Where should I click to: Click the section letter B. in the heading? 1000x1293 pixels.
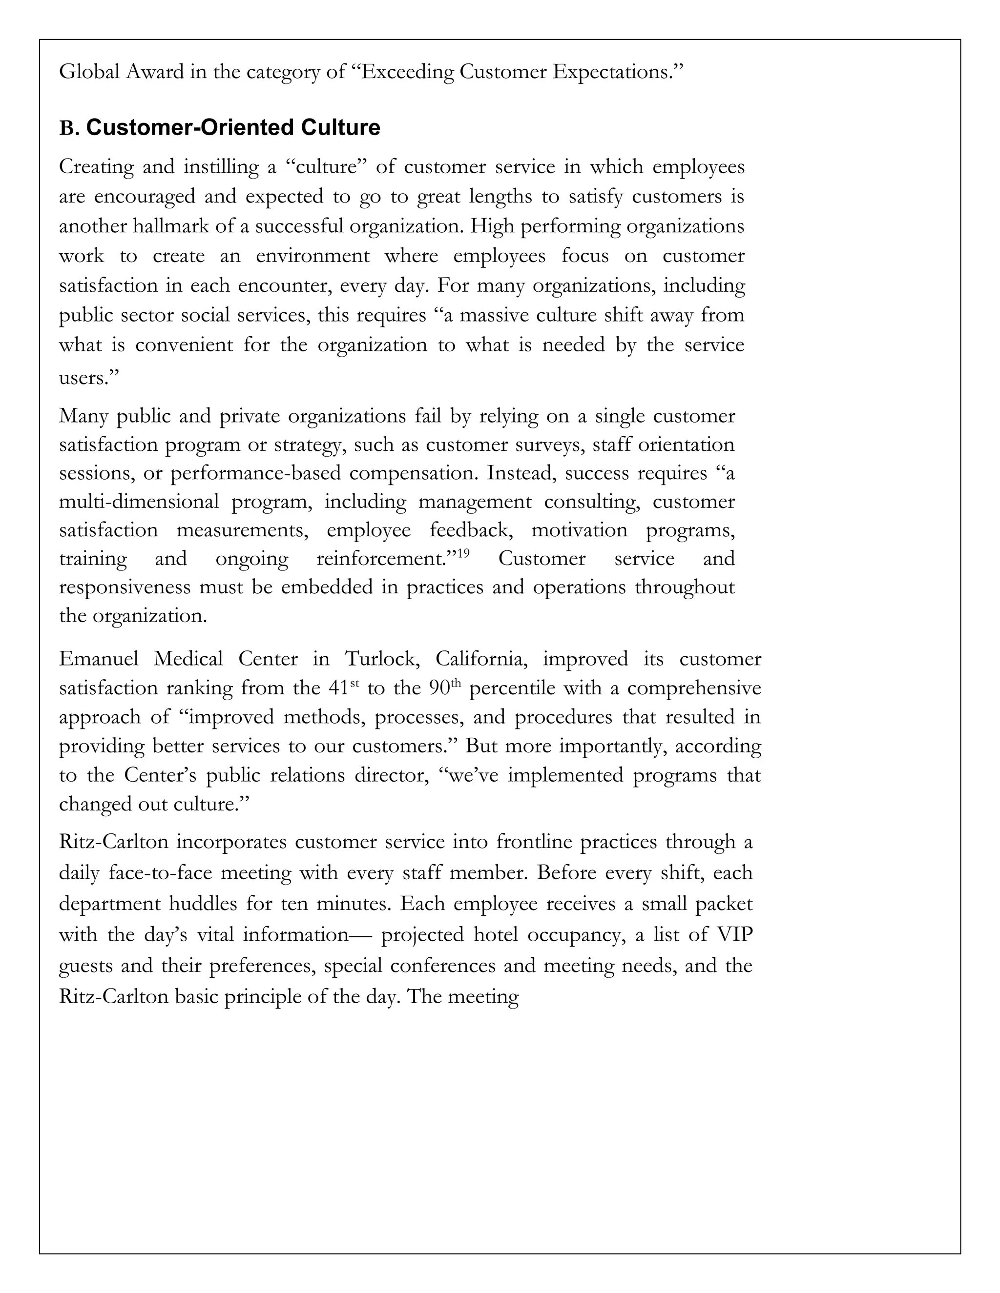tap(69, 128)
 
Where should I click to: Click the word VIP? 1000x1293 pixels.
tap(734, 935)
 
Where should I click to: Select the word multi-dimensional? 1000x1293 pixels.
tap(139, 502)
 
